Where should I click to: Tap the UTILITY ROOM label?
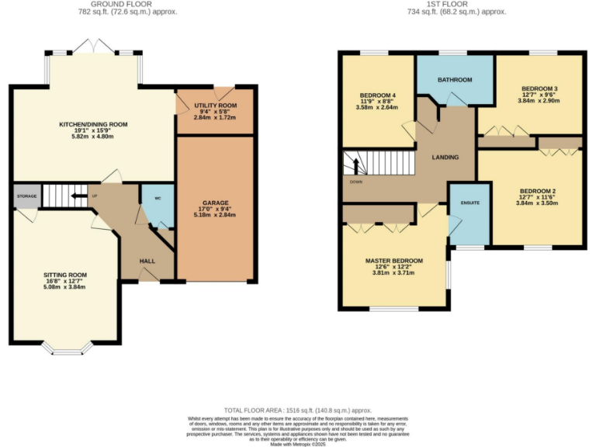click(215, 106)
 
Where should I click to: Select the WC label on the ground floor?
click(158, 199)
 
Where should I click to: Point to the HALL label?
click(147, 262)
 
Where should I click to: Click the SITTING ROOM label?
click(65, 275)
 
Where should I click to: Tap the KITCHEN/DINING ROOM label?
click(93, 124)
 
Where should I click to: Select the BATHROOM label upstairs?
click(455, 80)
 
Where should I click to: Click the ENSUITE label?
click(470, 203)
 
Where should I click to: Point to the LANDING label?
click(445, 158)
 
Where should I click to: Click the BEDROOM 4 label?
click(377, 95)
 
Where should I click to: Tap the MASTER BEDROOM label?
click(393, 261)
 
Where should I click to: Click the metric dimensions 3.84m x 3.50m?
click(539, 203)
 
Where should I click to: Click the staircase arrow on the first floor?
click(357, 165)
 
